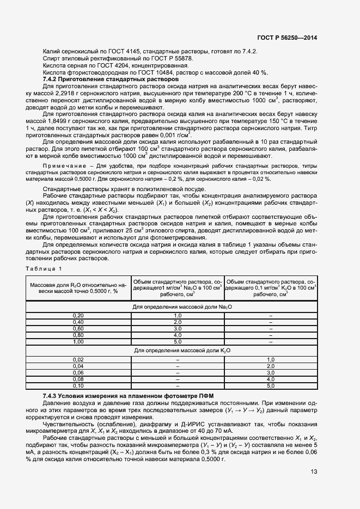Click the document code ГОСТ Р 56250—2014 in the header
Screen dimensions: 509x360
point(286,38)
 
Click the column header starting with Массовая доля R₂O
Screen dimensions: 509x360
point(78,287)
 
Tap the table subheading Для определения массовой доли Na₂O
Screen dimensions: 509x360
point(176,307)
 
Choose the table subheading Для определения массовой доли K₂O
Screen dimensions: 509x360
point(176,351)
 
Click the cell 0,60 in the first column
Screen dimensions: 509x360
point(78,328)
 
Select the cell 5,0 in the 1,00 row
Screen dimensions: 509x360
point(177,341)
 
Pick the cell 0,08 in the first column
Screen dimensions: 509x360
point(78,379)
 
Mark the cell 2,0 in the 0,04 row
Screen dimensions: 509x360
point(271,366)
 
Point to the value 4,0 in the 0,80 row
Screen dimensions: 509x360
point(177,335)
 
